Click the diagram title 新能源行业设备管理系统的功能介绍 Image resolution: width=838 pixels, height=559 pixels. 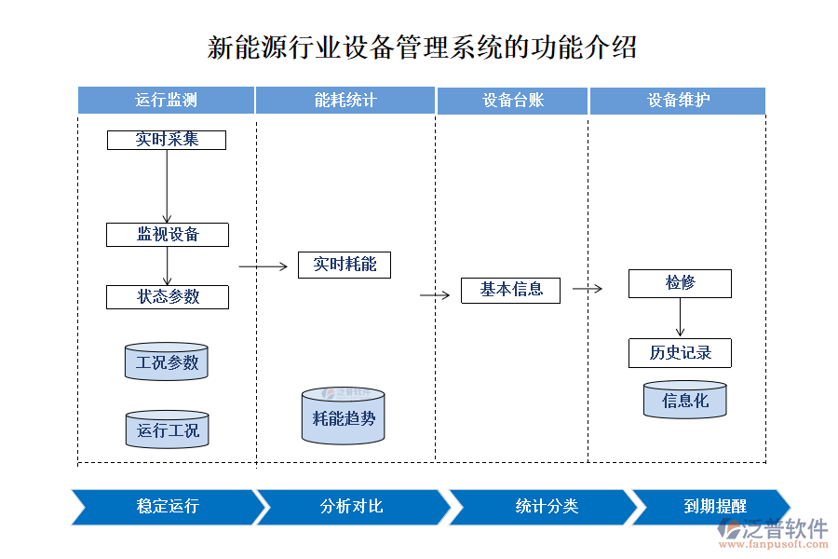(422, 48)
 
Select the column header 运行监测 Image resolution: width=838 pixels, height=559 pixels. (166, 101)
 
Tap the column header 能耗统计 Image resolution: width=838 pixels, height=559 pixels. (345, 101)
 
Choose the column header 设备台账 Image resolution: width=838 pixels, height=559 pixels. (512, 101)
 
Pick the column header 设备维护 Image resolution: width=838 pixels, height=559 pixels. (678, 101)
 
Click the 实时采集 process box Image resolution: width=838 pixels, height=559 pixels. (167, 140)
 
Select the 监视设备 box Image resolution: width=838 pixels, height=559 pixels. (168, 235)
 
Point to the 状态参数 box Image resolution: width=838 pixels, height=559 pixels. (168, 297)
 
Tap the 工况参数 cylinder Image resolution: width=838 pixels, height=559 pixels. (167, 362)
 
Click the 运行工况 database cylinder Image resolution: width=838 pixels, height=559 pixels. (168, 430)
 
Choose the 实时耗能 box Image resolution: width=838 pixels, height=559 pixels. (345, 265)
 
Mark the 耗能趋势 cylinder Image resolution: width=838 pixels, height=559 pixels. (343, 417)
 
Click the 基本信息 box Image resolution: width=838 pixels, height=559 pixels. (511, 290)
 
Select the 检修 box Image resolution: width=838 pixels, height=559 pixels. (680, 283)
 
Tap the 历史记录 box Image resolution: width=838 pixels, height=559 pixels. (680, 353)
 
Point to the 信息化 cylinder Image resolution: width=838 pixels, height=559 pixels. (684, 401)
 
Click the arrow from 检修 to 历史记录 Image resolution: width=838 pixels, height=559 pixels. (681, 318)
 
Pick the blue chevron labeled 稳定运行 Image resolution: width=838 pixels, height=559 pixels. (166, 507)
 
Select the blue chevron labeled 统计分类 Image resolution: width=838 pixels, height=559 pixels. (546, 507)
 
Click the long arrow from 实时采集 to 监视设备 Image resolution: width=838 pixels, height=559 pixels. (168, 186)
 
